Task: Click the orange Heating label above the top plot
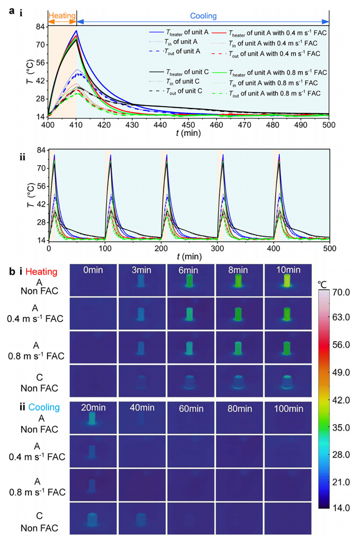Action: coord(62,16)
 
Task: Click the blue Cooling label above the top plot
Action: coord(203,16)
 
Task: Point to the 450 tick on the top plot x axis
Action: coord(188,125)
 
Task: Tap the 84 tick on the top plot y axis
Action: coord(40,27)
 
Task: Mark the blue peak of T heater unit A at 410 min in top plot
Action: coord(77,31)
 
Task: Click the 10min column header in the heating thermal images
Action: coord(288,270)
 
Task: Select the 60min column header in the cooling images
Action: coord(191,409)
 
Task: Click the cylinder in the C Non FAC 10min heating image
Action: coord(288,382)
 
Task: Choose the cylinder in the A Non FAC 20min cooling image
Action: coord(92,418)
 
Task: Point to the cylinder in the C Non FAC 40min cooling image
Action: coord(141,519)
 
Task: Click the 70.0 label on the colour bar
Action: coord(341,292)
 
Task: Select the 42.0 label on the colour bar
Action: coord(341,400)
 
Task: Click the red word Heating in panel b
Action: coord(41,272)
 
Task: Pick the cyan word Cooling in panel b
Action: coord(44,407)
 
